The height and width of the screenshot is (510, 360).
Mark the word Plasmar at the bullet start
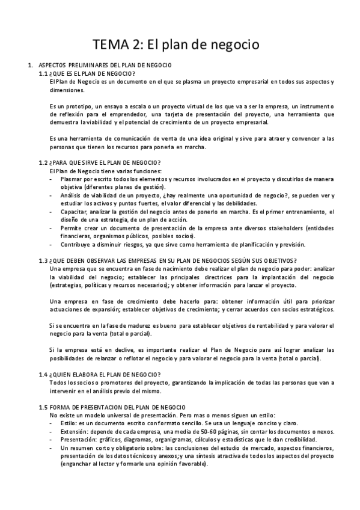[x=73, y=179]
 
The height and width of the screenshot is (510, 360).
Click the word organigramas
[x=185, y=439]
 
